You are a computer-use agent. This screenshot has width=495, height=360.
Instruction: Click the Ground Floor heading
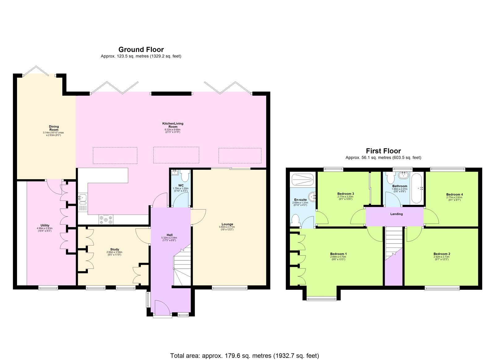(x=141, y=50)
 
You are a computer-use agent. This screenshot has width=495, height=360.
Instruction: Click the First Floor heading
(x=383, y=151)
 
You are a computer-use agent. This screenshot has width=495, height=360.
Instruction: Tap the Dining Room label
(x=54, y=128)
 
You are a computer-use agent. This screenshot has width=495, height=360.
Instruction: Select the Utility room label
(x=45, y=225)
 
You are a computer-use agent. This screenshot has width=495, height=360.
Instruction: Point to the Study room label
(x=114, y=249)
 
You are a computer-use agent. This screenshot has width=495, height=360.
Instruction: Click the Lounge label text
(x=227, y=224)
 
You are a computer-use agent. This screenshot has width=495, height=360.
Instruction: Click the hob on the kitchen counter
(x=106, y=219)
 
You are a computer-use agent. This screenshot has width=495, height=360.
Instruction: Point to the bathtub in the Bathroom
(x=417, y=188)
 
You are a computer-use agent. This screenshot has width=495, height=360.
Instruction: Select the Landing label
(x=396, y=214)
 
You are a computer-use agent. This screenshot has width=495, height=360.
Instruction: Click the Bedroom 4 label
(x=454, y=194)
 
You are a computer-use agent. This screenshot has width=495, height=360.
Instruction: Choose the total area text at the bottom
(x=244, y=356)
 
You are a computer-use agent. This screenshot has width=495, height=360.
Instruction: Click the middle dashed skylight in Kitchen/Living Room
(x=176, y=155)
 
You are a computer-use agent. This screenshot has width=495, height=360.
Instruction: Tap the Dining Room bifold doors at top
(x=36, y=71)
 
